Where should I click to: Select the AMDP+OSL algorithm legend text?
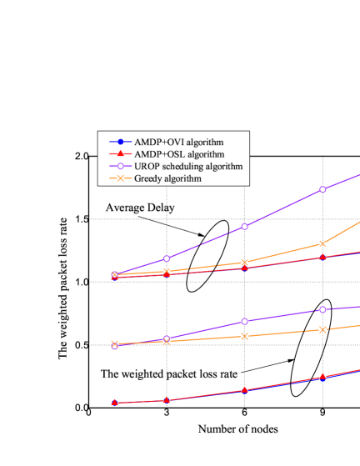pyautogui.click(x=178, y=153)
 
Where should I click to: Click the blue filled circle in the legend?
pyautogui.click(x=121, y=141)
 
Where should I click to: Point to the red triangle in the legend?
pyautogui.click(x=121, y=153)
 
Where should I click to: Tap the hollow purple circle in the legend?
pyautogui.click(x=121, y=166)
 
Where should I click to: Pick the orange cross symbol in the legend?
pyautogui.click(x=121, y=178)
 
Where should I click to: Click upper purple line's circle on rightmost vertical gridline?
pyautogui.click(x=322, y=189)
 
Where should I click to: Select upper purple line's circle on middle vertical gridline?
pyautogui.click(x=244, y=227)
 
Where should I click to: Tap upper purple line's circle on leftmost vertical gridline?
pyautogui.click(x=167, y=258)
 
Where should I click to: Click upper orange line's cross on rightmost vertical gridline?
pyautogui.click(x=322, y=243)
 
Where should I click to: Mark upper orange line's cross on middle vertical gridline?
pyautogui.click(x=244, y=263)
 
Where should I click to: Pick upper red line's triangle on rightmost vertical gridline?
pyautogui.click(x=322, y=257)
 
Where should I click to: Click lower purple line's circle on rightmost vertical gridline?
pyautogui.click(x=322, y=309)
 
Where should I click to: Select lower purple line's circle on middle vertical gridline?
pyautogui.click(x=244, y=321)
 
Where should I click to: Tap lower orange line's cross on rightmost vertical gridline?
pyautogui.click(x=322, y=329)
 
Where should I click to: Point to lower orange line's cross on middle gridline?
pyautogui.click(x=244, y=336)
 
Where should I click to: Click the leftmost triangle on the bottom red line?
pyautogui.click(x=115, y=402)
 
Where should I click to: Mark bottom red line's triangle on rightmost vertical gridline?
pyautogui.click(x=322, y=377)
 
